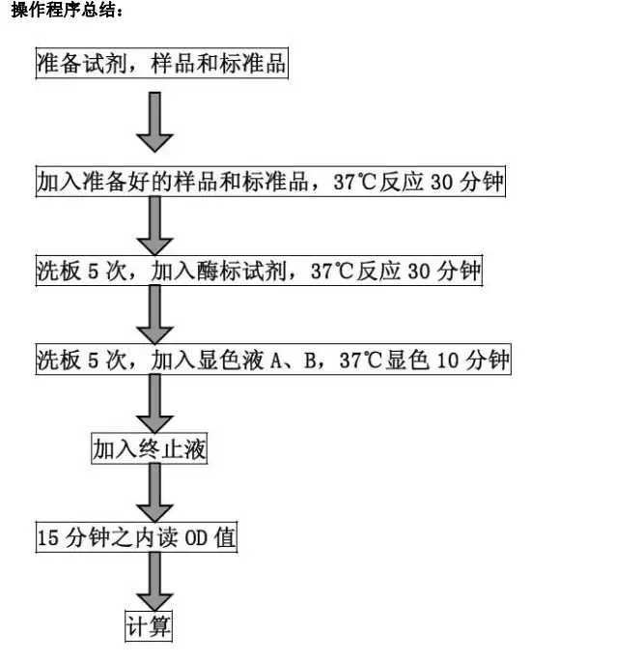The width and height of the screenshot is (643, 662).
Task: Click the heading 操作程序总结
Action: [x=67, y=10]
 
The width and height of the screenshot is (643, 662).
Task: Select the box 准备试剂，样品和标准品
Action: [x=162, y=64]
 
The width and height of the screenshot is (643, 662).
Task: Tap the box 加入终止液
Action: [x=150, y=448]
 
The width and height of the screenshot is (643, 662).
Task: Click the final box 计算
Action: [x=149, y=626]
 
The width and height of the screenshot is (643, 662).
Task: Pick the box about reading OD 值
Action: [x=136, y=537]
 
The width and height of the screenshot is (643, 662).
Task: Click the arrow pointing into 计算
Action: [x=154, y=582]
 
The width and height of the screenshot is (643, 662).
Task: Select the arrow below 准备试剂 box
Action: [x=154, y=122]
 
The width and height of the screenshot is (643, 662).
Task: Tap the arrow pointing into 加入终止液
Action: [x=154, y=404]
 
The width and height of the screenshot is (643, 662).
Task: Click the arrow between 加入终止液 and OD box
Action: [x=154, y=493]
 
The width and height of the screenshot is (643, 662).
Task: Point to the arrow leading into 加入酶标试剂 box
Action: [x=154, y=226]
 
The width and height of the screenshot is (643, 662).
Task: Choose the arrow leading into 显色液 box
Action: [x=154, y=315]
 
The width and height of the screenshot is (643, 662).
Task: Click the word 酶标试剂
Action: [x=241, y=271]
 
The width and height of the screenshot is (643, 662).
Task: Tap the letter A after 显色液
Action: [x=276, y=360]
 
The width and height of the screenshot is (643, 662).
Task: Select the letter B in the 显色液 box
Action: [x=310, y=360]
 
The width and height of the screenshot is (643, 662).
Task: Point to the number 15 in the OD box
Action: [x=47, y=538]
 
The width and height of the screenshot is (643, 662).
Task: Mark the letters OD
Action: [x=197, y=538]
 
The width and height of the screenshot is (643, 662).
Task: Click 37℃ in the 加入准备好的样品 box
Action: [x=354, y=182]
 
